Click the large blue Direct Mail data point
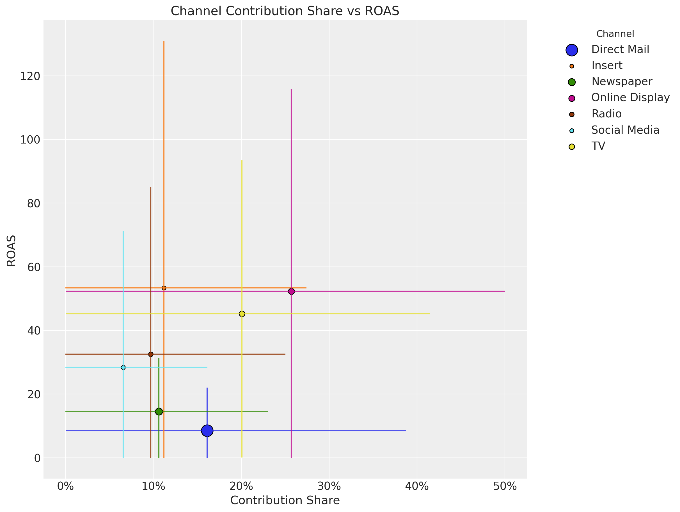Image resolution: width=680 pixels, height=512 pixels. pos(207,431)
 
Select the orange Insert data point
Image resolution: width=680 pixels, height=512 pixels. pos(164,288)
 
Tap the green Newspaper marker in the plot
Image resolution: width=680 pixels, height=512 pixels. pos(159,411)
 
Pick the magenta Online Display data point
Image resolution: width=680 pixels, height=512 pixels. pos(291,291)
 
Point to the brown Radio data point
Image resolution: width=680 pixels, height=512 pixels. pos(151,354)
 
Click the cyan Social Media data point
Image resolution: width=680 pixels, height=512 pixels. pos(123,367)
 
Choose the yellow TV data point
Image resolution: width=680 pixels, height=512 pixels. pos(242,314)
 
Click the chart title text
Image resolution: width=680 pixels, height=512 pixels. pos(285,11)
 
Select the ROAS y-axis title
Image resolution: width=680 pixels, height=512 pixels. pos(12,251)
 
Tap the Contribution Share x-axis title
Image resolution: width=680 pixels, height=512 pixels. pos(285,500)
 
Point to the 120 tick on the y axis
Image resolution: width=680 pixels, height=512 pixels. pos(30,76)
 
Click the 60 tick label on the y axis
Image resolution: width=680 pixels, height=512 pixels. pos(33,267)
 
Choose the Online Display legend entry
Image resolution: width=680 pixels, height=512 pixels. pos(630,97)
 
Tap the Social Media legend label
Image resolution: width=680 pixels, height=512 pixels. pos(625,130)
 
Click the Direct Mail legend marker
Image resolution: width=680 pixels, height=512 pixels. pos(571,50)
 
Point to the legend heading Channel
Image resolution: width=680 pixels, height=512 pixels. pos(615,34)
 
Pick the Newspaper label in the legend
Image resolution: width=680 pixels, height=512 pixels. pos(622,81)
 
